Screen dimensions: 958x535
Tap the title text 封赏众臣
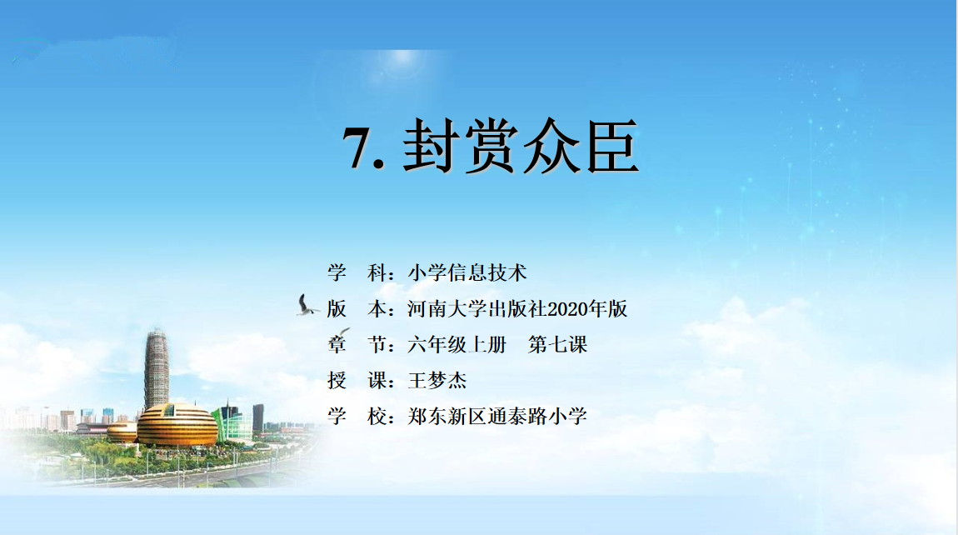point(521,146)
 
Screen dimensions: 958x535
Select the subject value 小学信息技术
point(467,272)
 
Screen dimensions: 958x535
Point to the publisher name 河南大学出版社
point(477,309)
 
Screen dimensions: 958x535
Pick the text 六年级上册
point(457,345)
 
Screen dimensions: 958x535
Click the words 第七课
point(557,345)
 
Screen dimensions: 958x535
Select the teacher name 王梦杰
point(437,381)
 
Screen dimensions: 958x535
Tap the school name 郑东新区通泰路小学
point(497,417)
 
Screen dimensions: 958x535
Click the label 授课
point(357,381)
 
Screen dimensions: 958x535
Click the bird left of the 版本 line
point(306,305)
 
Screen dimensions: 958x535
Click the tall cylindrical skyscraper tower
point(157,367)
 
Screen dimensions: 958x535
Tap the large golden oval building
point(177,425)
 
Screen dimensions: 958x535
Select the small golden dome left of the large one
point(122,432)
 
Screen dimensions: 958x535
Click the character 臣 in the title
point(613,146)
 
